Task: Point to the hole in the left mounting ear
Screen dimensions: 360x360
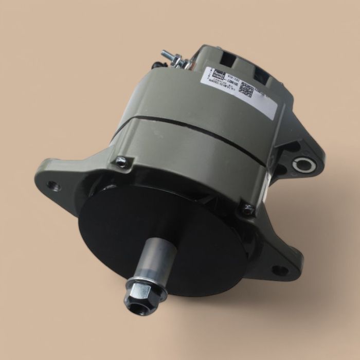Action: (x=53, y=186)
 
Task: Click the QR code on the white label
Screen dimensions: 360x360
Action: (x=246, y=89)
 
